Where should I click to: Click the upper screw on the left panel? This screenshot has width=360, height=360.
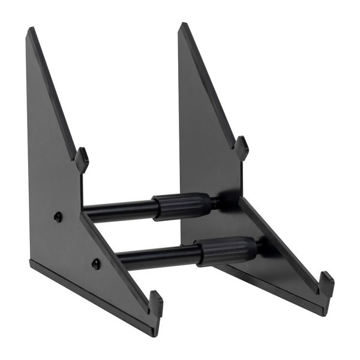coord(58,217)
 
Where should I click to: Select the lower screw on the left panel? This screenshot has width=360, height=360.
coord(96,262)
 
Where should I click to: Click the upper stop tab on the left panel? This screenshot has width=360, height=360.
coord(82,159)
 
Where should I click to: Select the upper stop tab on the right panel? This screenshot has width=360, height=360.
coord(241,147)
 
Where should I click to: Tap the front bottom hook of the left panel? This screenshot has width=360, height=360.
coord(155,302)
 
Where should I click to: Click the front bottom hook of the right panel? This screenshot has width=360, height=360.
coord(326,283)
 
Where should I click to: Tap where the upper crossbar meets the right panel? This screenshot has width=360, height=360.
coord(217,202)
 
